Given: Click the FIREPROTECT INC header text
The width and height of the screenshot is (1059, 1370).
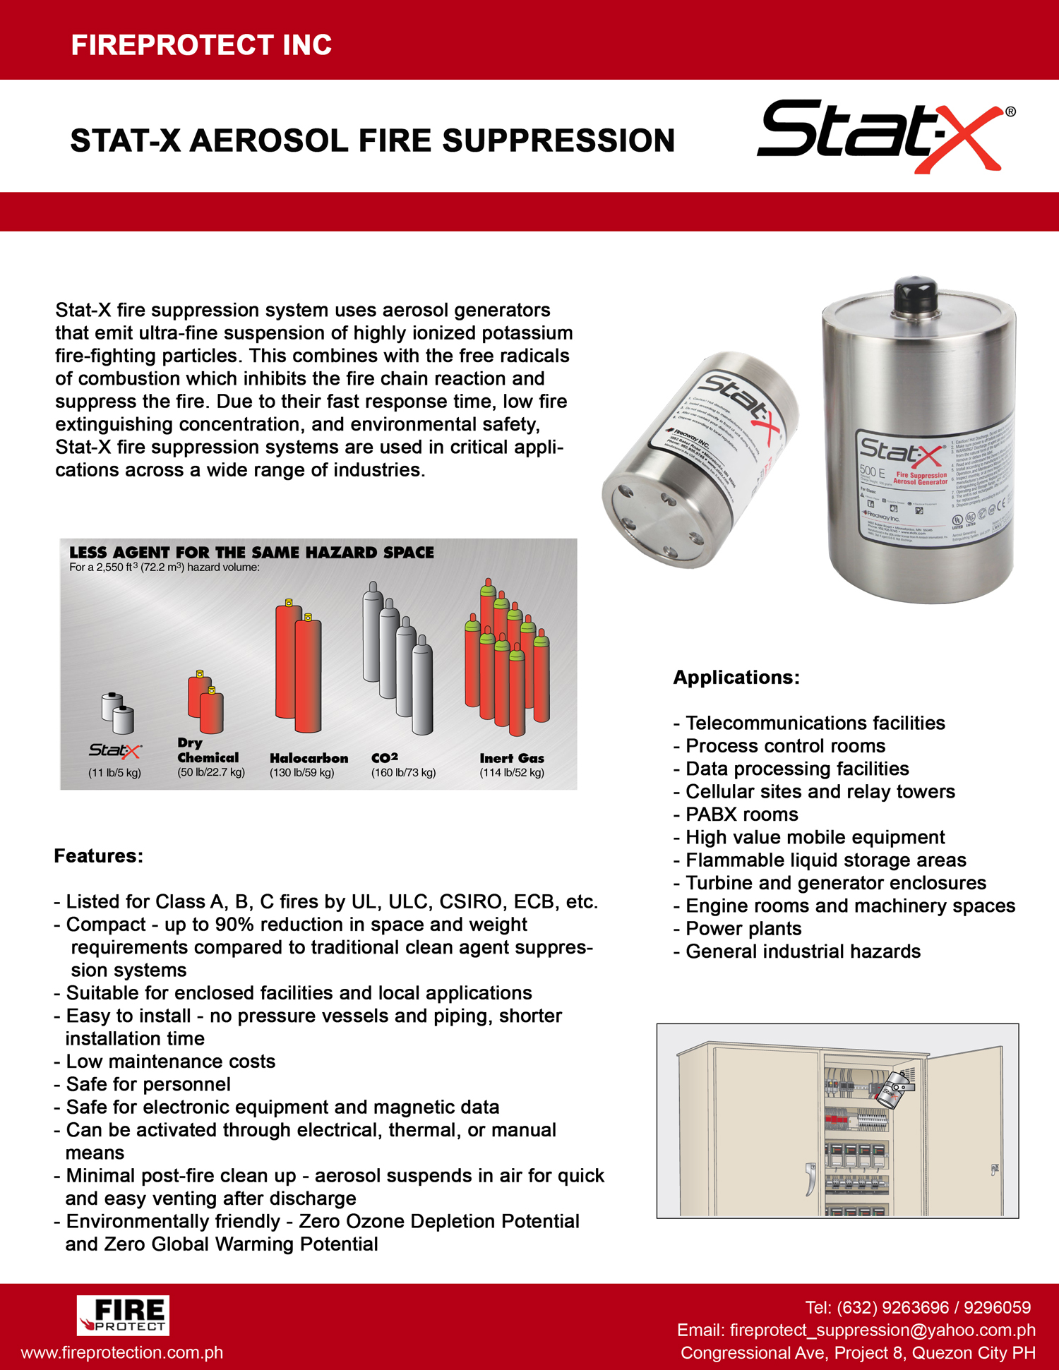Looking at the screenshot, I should [201, 45].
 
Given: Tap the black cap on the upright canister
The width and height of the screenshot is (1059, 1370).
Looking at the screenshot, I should [916, 294].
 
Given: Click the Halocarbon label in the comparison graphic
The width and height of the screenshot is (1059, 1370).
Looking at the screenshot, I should [309, 758].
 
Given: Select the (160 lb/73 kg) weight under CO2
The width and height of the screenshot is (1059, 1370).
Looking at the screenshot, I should [403, 773].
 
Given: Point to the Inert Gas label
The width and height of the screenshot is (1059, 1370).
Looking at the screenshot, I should [512, 758].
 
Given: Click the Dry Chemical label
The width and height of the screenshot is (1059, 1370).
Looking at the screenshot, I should [208, 750].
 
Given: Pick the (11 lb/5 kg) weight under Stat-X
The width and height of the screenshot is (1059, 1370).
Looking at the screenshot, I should [114, 773].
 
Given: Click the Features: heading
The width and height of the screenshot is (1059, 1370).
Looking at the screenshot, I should [99, 856].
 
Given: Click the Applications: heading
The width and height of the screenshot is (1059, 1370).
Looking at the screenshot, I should [736, 678].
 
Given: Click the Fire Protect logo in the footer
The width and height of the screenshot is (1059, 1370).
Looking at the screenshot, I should [123, 1315].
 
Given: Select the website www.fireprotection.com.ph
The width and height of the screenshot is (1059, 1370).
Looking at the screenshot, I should [122, 1352].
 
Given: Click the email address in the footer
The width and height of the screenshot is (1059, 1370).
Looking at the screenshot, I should [856, 1330].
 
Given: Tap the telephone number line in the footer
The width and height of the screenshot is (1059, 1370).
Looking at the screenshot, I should [917, 1307].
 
